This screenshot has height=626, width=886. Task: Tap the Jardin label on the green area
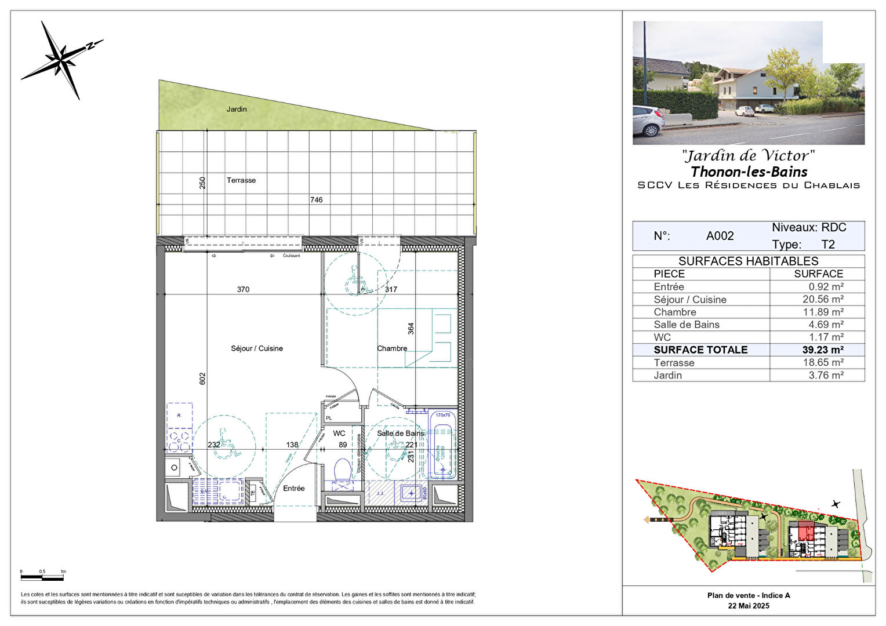[x=237, y=109]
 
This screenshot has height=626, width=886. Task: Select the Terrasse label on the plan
[x=241, y=180]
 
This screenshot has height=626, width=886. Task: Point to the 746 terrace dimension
[x=316, y=200]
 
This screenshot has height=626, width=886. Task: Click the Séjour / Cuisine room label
[x=257, y=348]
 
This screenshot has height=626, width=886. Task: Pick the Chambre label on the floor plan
[x=392, y=348]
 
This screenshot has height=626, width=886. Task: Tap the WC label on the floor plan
[x=339, y=434]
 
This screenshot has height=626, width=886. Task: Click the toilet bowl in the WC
[x=343, y=469]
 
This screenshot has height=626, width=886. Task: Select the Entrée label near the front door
[x=294, y=489]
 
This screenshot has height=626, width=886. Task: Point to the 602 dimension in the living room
[x=202, y=378]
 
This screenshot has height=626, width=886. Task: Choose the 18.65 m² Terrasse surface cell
[x=823, y=363]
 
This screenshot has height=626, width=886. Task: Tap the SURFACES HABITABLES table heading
[x=748, y=261]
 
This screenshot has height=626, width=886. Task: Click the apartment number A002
[x=720, y=236]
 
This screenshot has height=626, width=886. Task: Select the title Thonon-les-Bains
[x=749, y=172]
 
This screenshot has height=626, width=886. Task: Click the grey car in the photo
[x=648, y=120]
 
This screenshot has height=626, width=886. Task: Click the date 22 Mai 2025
[x=749, y=606]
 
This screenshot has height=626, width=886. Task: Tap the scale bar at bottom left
[x=43, y=577]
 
